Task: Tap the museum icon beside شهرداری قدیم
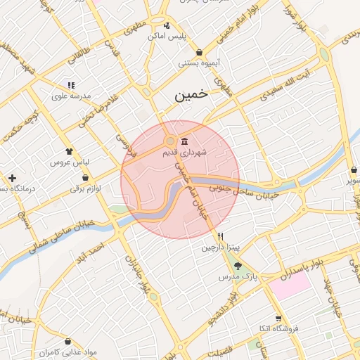(x=184, y=141)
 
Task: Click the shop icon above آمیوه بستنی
(x=200, y=52)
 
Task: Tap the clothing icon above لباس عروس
(x=69, y=151)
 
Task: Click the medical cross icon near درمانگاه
(x=12, y=178)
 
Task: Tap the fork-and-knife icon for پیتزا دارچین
(x=221, y=236)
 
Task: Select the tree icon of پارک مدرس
(x=238, y=266)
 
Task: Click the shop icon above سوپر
(x=352, y=169)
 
